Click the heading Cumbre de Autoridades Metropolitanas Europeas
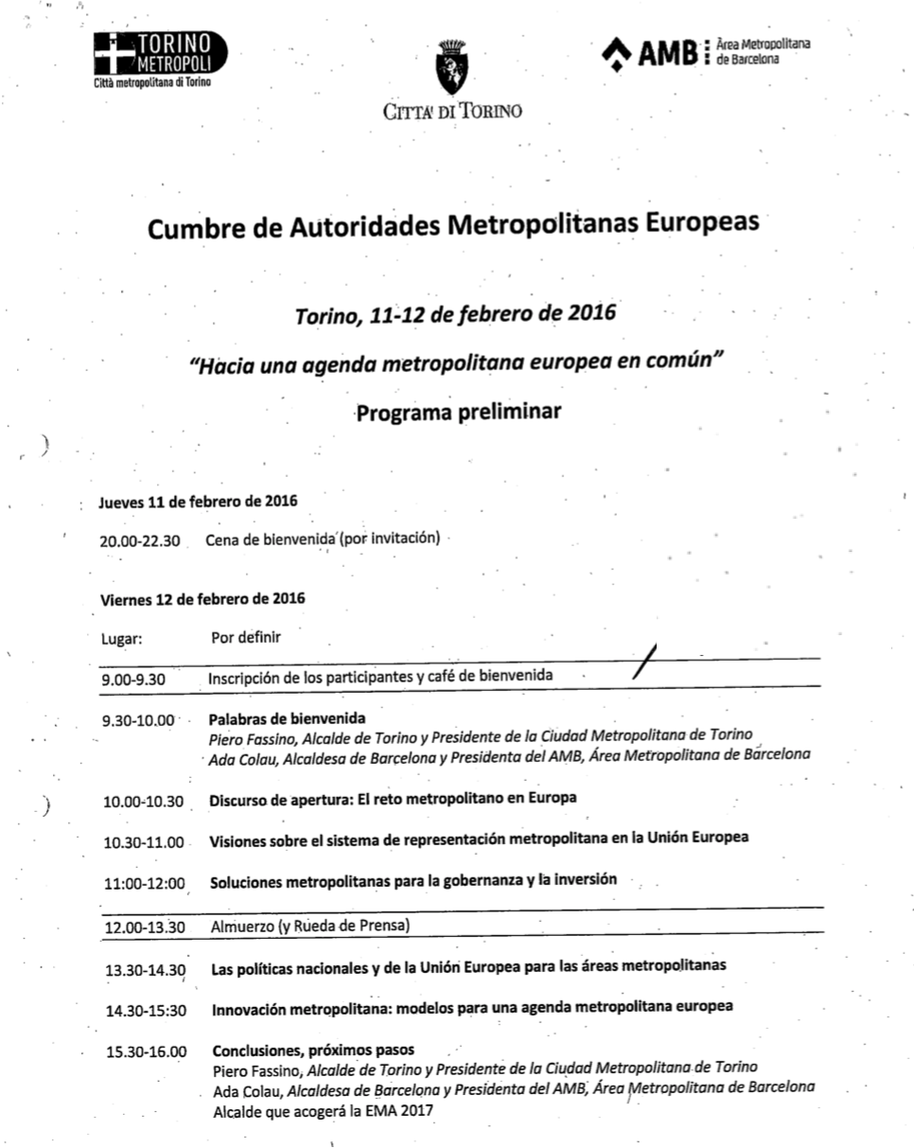[x=453, y=226]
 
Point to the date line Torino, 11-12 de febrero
[x=455, y=313]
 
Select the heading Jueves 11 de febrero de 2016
[x=199, y=502]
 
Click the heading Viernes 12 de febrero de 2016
[x=202, y=599]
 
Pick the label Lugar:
[x=121, y=638]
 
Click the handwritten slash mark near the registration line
[x=646, y=660]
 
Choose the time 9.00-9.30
[x=133, y=678]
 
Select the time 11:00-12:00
[x=144, y=883]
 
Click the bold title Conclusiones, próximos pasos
[x=313, y=1050]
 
